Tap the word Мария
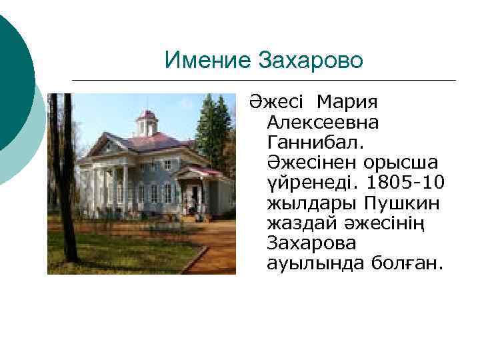pos(347,103)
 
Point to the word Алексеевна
pos(322,123)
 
